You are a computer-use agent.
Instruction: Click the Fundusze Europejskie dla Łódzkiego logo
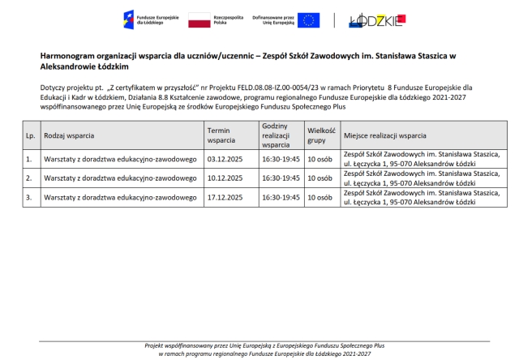[145, 19]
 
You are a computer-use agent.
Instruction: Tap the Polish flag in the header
[199, 19]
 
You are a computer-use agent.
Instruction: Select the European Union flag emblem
[307, 19]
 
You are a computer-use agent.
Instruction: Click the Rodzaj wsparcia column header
[69, 135]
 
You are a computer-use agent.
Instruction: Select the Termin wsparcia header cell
[221, 135]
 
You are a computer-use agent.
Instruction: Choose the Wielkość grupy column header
[320, 135]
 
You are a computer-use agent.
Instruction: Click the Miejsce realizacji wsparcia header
[385, 135]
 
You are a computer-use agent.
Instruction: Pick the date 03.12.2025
[225, 159]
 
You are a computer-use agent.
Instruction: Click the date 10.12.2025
[225, 178]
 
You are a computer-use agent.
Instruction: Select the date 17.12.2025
[225, 197]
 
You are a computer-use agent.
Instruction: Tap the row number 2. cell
[29, 178]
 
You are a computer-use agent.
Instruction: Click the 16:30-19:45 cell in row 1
[281, 159]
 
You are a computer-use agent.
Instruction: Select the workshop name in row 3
[120, 197]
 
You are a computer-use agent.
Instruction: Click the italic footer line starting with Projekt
[259, 346]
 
